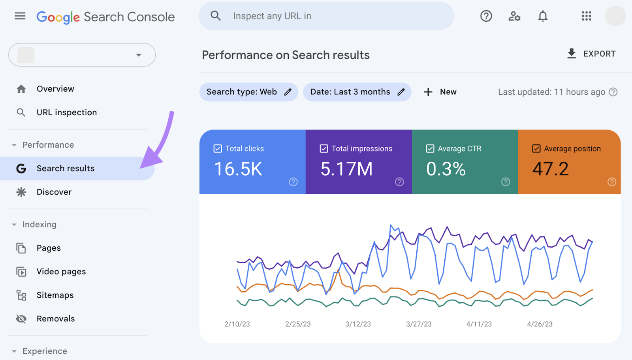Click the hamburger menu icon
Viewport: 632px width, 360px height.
coord(20,16)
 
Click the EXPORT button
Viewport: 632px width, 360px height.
coord(591,54)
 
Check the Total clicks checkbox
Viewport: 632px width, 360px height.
coord(218,149)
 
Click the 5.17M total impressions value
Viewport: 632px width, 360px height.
coord(346,169)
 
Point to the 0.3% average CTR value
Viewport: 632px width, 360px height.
coord(446,169)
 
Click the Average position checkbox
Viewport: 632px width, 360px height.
coord(536,149)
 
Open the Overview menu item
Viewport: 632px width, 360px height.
coord(55,89)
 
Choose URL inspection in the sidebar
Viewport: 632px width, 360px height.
coord(66,112)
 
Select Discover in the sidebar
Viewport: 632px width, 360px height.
coord(54,192)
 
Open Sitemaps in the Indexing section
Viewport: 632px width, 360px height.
coord(55,295)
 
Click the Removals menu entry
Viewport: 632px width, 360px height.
coord(55,319)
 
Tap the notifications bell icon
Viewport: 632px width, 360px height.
coord(543,16)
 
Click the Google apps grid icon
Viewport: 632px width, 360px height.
coord(586,16)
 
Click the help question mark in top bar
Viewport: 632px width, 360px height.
coord(486,16)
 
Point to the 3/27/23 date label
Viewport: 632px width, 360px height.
coord(419,324)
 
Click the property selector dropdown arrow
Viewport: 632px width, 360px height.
coord(139,55)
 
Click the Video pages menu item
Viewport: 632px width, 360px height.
coord(61,272)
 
